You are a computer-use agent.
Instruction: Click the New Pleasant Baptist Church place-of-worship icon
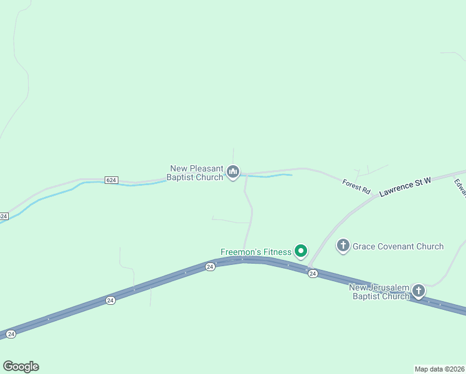pyautogui.click(x=233, y=171)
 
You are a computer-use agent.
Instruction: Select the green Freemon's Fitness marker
pyautogui.click(x=301, y=251)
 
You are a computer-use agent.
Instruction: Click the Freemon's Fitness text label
pyautogui.click(x=256, y=252)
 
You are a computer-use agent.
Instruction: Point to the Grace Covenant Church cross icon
pyautogui.click(x=343, y=246)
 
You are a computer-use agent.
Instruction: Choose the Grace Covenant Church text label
pyautogui.click(x=398, y=246)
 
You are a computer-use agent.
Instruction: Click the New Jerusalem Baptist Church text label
pyautogui.click(x=379, y=292)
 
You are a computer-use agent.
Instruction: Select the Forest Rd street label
pyautogui.click(x=356, y=185)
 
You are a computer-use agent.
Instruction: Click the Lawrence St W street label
pyautogui.click(x=406, y=186)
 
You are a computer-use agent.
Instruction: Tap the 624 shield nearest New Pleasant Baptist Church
pyautogui.click(x=111, y=180)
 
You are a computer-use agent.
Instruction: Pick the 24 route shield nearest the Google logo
pyautogui.click(x=11, y=334)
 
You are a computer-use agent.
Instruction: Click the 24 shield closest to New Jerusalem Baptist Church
pyautogui.click(x=313, y=274)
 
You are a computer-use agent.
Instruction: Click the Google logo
pyautogui.click(x=21, y=367)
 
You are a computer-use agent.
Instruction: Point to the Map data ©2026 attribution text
pyautogui.click(x=439, y=369)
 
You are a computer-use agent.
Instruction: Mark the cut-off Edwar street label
pyautogui.click(x=460, y=188)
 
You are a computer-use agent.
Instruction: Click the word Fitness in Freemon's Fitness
pyautogui.click(x=276, y=252)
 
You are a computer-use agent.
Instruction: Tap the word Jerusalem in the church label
pyautogui.click(x=388, y=287)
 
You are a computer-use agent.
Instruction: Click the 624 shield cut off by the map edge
pyautogui.click(x=4, y=216)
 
